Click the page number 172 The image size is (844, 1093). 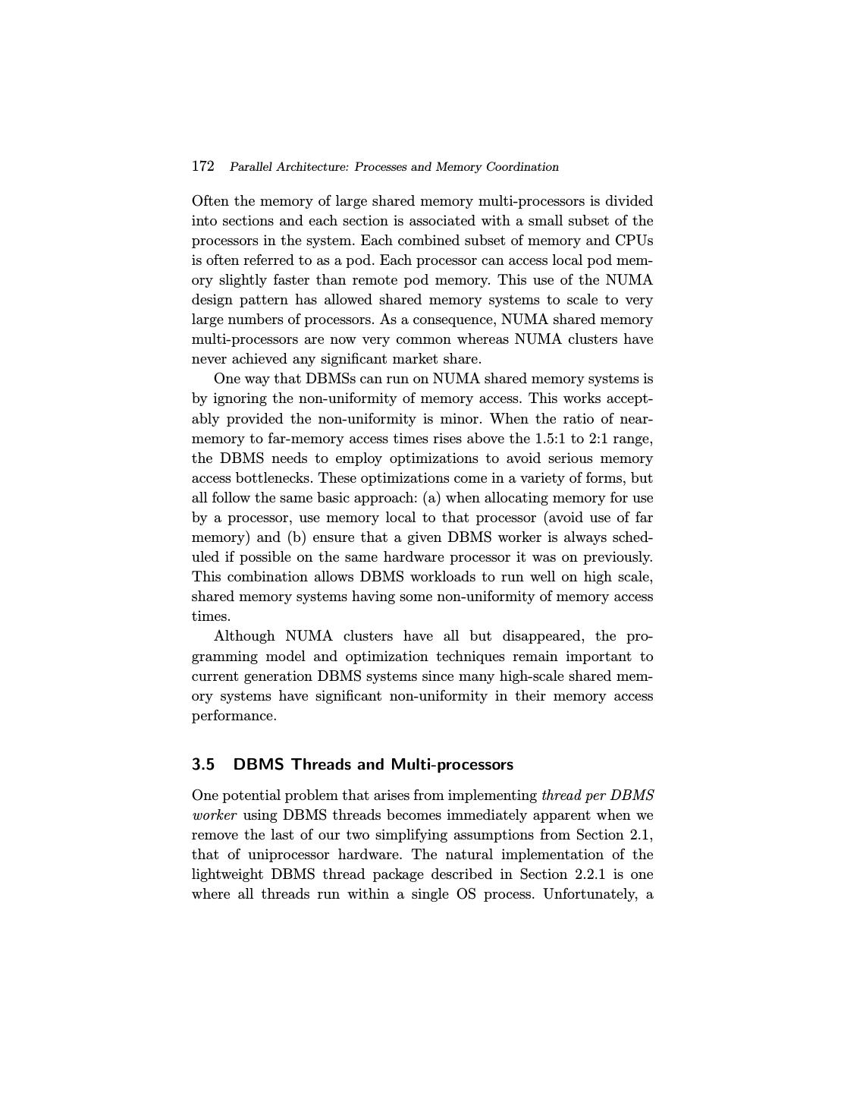tap(202, 166)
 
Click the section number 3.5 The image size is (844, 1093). tap(203, 764)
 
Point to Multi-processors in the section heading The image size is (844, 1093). tap(452, 764)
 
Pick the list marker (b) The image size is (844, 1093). tap(296, 537)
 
